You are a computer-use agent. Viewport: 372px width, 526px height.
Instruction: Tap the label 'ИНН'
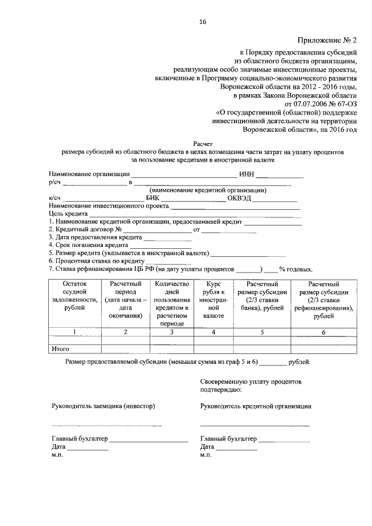246,174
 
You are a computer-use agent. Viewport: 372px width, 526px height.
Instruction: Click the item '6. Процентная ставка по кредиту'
96,261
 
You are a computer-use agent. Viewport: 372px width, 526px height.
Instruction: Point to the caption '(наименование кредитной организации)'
208,190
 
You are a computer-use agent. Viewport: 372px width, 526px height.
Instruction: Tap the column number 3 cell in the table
171,332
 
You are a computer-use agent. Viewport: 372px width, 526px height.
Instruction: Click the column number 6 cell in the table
324,332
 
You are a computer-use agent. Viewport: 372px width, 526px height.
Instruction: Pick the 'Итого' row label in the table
61,349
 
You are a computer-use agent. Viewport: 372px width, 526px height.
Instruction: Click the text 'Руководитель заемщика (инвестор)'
103,406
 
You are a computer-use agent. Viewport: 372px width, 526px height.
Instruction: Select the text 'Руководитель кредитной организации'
256,406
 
